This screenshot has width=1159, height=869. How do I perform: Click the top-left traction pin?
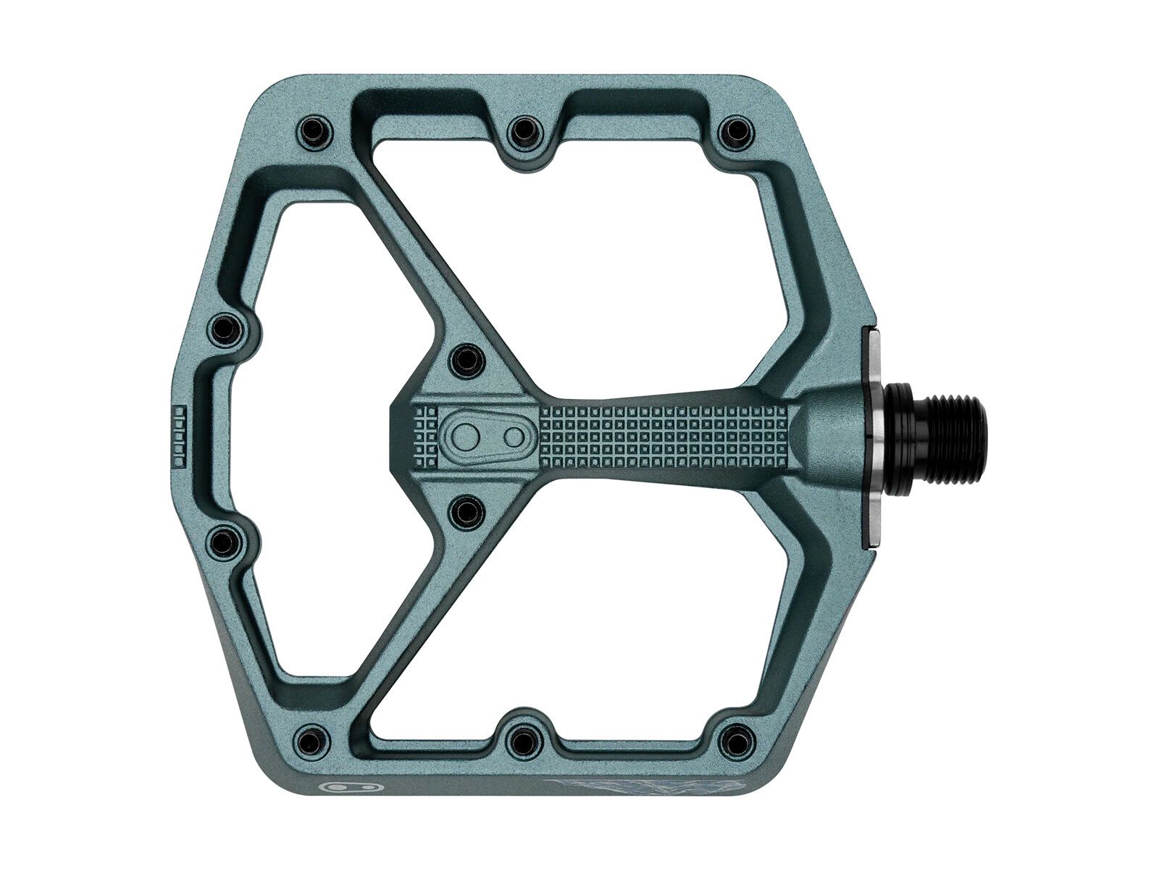[x=313, y=131]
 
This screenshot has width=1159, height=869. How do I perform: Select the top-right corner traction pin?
[x=736, y=131]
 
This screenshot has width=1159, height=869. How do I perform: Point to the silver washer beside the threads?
[x=874, y=435]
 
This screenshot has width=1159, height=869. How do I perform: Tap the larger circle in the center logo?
[x=466, y=435]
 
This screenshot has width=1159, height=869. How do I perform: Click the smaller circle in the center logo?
[x=513, y=436]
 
